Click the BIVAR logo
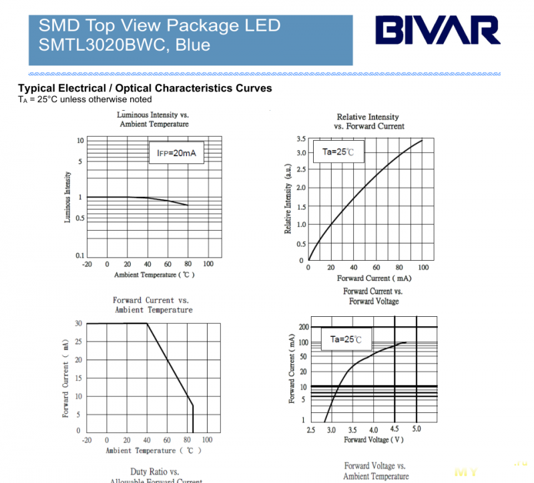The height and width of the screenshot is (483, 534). point(437,30)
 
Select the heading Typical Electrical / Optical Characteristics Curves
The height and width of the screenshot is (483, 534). point(145,88)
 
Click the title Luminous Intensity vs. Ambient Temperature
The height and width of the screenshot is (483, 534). point(154,119)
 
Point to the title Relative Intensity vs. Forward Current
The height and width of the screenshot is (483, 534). point(368,121)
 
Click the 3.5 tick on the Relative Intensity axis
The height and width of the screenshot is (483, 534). point(301,139)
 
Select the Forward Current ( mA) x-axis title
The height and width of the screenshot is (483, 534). point(374,278)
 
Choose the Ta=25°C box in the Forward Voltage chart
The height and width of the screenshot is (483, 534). point(345,340)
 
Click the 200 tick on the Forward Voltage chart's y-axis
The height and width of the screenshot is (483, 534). point(304,327)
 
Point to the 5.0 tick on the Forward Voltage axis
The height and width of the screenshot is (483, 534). point(416,429)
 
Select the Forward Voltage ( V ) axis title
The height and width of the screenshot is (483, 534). point(374,440)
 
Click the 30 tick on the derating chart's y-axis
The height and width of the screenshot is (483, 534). point(78,324)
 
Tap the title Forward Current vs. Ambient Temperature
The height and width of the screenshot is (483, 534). point(153,305)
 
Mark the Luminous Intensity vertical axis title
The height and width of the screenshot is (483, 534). point(67,197)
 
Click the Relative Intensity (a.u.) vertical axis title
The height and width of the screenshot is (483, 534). point(288,199)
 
